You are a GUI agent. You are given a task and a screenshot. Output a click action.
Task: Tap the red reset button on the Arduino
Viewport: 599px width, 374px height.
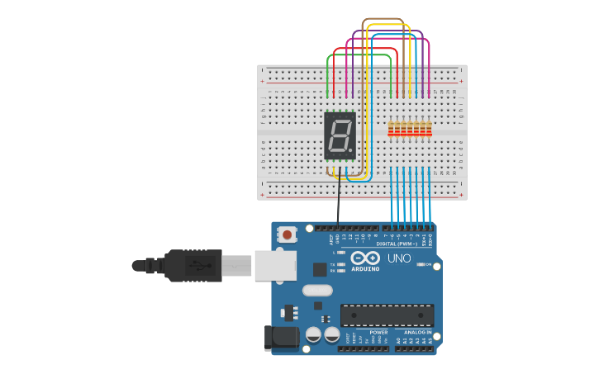pyautogui.click(x=287, y=234)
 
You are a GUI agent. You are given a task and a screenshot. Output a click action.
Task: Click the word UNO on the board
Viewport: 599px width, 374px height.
pyautogui.click(x=401, y=258)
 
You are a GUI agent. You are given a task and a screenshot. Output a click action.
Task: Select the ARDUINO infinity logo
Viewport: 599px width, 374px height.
pyautogui.click(x=365, y=258)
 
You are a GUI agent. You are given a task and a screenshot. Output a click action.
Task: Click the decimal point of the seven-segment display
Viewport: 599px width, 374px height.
pyautogui.click(x=354, y=154)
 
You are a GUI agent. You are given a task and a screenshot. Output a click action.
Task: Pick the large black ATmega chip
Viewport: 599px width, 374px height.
pyautogui.click(x=387, y=315)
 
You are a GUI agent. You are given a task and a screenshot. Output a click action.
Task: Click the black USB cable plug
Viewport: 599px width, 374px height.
pyautogui.click(x=192, y=265)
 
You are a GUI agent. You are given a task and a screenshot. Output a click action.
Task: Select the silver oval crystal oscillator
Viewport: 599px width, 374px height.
pyautogui.click(x=317, y=290)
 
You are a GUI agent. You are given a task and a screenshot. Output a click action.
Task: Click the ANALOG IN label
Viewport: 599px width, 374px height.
pyautogui.click(x=413, y=332)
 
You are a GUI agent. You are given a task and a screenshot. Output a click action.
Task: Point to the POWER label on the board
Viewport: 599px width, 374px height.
pyautogui.click(x=378, y=332)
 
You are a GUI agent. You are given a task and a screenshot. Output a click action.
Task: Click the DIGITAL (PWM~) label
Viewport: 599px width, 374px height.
pyautogui.click(x=397, y=244)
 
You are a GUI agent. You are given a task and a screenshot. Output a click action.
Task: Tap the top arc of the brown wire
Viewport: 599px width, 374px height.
pyautogui.click(x=383, y=19)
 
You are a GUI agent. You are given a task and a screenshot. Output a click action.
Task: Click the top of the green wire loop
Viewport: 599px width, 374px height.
pyautogui.click(x=359, y=54)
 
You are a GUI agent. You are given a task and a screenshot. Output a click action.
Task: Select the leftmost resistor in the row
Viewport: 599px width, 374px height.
pyautogui.click(x=392, y=129)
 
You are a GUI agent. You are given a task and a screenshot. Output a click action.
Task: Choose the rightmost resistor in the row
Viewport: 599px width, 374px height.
pyautogui.click(x=429, y=129)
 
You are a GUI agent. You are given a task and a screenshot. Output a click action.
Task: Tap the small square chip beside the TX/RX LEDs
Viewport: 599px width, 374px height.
pyautogui.click(x=320, y=269)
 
